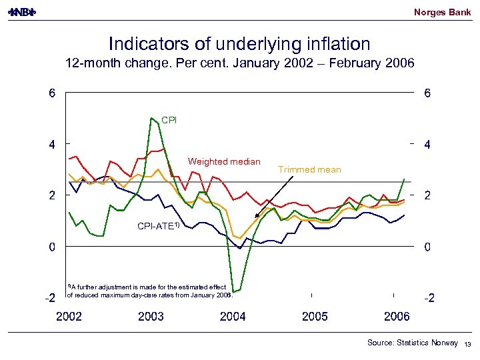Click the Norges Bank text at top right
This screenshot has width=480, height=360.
tap(442, 12)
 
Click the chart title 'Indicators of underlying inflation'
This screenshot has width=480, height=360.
tap(239, 44)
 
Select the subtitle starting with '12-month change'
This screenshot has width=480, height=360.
tap(239, 64)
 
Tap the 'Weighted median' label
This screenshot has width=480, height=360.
tap(224, 161)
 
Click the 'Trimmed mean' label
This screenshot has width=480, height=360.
tap(309, 169)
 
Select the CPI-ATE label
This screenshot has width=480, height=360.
tap(158, 226)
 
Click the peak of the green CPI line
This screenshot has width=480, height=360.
tap(152, 118)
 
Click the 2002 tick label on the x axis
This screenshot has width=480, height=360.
tap(69, 317)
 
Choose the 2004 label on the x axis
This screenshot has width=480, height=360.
tap(233, 317)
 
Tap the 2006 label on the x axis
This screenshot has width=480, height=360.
tap(397, 317)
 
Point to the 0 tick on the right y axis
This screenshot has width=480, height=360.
tap(427, 247)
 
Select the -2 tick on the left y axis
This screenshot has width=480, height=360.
tap(50, 298)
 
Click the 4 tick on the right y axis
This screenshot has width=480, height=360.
tap(427, 145)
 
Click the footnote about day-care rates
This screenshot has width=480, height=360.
tap(149, 291)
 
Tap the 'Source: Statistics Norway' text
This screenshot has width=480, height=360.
tap(412, 343)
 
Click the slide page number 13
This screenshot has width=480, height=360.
tap(467, 344)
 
